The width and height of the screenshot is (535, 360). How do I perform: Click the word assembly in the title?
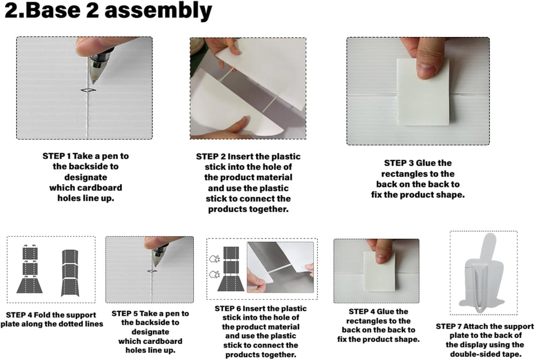pyautogui.click(x=158, y=11)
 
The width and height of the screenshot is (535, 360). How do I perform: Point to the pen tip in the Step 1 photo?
pyautogui.click(x=93, y=82)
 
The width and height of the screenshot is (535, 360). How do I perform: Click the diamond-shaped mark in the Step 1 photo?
pyautogui.click(x=88, y=90)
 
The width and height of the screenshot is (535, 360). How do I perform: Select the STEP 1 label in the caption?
pyautogui.click(x=57, y=156)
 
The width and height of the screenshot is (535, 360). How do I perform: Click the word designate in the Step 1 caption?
pyautogui.click(x=86, y=178)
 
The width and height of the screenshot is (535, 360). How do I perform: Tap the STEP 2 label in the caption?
pyautogui.click(x=210, y=157)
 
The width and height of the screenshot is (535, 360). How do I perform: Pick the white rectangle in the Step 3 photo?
pyautogui.click(x=423, y=92)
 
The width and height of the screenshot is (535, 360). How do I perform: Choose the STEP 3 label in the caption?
pyautogui.click(x=399, y=163)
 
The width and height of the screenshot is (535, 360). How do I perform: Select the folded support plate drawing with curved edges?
pyautogui.click(x=70, y=273)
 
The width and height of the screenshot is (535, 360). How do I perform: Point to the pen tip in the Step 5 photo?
pyautogui.click(x=155, y=265)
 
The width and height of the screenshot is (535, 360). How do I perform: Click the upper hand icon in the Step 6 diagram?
pyautogui.click(x=215, y=259)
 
